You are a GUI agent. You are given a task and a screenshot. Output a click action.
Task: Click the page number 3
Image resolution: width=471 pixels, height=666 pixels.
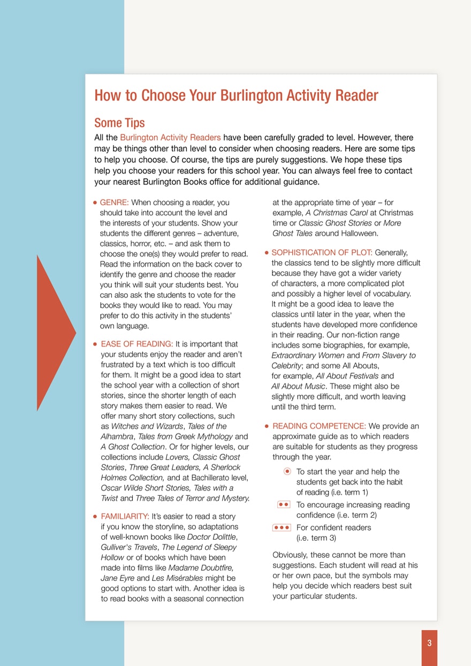[x=429, y=644]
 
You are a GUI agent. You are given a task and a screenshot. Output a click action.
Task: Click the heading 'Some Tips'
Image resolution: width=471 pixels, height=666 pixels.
[x=119, y=123]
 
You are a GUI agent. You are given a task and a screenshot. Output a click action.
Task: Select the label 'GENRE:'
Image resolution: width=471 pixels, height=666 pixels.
[x=115, y=202]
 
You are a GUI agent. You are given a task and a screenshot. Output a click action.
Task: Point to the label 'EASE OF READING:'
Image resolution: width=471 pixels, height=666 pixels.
[x=137, y=344]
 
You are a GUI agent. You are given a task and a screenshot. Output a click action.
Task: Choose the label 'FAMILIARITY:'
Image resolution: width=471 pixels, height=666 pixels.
[x=125, y=516]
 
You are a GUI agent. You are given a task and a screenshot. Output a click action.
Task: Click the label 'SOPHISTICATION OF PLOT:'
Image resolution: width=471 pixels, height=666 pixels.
[x=322, y=252]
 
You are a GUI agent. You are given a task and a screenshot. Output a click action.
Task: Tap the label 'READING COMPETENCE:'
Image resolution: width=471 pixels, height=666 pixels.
[x=320, y=426]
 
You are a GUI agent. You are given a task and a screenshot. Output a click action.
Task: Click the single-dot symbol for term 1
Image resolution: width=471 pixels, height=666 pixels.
[x=287, y=471]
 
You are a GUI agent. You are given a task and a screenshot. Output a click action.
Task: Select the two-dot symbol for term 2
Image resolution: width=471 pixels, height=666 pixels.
[x=284, y=504]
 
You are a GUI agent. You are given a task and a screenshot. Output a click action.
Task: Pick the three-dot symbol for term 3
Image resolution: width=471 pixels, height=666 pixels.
[x=282, y=527]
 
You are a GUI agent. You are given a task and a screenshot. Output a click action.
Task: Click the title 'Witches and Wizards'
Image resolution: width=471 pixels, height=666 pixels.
[x=147, y=426]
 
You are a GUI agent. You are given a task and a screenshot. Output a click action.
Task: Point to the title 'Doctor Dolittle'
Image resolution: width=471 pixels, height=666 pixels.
[x=211, y=537]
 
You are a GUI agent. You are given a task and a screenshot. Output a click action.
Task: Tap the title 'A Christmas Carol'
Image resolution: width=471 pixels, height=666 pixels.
[x=337, y=213]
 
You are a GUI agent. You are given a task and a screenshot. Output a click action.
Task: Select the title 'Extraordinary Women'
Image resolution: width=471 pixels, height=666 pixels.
[x=308, y=355]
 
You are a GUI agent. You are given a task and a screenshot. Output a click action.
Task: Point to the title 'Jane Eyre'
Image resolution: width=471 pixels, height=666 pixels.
[x=117, y=578]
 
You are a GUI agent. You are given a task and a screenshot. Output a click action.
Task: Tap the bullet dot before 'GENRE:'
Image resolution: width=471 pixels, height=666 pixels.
[x=95, y=203]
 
